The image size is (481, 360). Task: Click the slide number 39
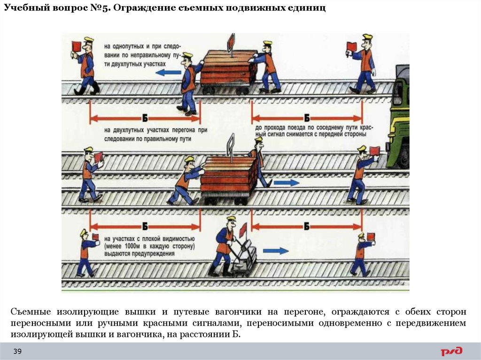[17, 352]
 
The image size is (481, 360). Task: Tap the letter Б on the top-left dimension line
[145, 118]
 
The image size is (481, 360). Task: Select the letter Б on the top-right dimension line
[306, 118]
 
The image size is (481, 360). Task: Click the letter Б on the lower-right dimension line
[306, 227]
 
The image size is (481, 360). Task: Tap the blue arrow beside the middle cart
[287, 182]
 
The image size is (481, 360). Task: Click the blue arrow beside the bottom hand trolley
[276, 251]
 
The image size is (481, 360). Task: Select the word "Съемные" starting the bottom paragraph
[31, 312]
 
